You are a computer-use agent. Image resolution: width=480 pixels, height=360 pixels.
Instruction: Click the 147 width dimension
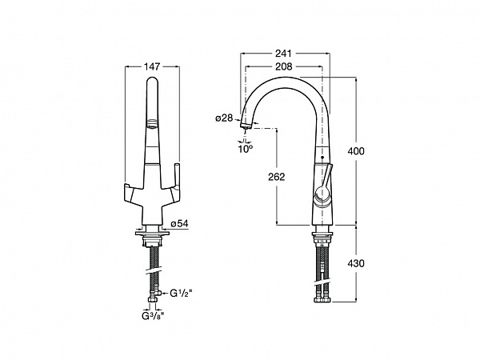tap(152, 66)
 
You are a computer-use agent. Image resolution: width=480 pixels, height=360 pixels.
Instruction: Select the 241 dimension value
tap(283, 54)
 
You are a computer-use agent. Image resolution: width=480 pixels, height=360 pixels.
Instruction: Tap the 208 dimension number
tap(284, 66)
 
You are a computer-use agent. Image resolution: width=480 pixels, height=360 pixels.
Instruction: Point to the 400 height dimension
tap(356, 151)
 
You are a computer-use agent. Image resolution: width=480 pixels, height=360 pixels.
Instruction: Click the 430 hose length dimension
tap(356, 263)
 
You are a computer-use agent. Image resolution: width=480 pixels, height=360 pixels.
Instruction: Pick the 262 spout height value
tap(277, 177)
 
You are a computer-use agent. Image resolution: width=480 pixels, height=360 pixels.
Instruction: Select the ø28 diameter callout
tap(224, 118)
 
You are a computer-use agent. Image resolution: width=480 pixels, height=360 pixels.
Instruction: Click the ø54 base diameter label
tap(179, 224)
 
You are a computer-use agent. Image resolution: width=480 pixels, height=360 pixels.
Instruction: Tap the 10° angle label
tap(246, 149)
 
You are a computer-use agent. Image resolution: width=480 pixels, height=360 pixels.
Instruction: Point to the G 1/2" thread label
tap(182, 294)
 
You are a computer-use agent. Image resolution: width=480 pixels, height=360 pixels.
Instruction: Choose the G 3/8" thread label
tap(153, 316)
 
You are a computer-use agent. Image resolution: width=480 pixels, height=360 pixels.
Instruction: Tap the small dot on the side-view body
tap(322, 157)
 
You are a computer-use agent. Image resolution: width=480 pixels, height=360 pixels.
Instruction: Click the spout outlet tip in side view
tap(245, 125)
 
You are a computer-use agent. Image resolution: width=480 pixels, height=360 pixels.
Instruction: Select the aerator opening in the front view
tap(152, 124)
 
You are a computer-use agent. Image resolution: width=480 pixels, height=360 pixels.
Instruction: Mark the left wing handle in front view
tap(132, 193)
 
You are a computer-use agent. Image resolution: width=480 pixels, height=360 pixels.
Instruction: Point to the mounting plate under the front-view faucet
tap(152, 234)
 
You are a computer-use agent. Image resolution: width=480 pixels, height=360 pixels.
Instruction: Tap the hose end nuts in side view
tap(323, 299)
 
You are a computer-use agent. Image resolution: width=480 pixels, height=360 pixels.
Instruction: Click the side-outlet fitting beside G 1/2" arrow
tap(158, 294)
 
